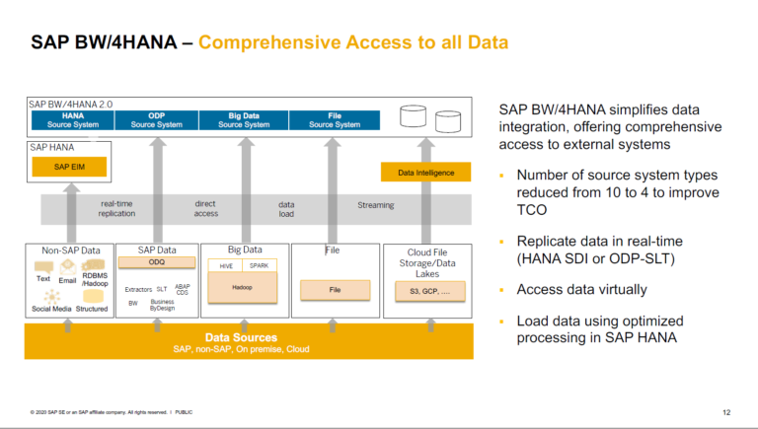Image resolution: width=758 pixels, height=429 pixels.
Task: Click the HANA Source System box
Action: [x=72, y=120]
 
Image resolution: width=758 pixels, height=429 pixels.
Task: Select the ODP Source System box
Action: [x=156, y=120]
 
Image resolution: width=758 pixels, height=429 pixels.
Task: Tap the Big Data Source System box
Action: [x=243, y=120]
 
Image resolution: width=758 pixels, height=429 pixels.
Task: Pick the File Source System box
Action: [x=335, y=120]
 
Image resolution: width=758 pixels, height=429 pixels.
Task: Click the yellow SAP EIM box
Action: [x=68, y=167]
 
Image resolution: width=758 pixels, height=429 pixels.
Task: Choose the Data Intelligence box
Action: [x=426, y=173]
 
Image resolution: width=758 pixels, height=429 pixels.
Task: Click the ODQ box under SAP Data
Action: [x=157, y=262]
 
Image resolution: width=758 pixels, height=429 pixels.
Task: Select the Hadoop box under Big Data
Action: [x=243, y=287]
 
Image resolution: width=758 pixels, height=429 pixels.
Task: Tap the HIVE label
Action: [x=225, y=265]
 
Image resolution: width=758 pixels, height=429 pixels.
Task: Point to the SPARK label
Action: [x=260, y=265]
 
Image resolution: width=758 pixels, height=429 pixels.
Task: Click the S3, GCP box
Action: [x=427, y=291]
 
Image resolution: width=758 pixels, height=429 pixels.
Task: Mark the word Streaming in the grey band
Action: [x=375, y=205]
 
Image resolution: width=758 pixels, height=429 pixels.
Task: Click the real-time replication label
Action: [x=116, y=208]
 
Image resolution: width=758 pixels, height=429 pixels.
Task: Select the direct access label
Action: [x=205, y=208]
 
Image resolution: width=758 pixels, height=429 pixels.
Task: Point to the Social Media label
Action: [x=52, y=309]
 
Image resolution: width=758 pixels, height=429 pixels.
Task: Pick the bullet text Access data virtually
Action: [x=582, y=290]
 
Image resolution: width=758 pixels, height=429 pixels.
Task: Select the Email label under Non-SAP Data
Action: [x=67, y=280]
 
